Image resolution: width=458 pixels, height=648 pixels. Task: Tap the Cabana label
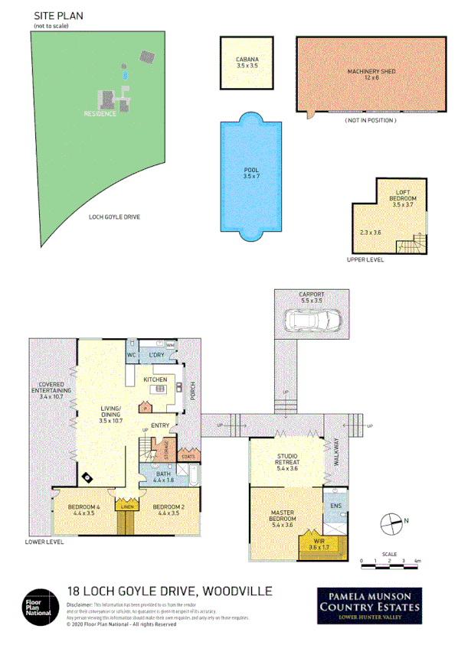coord(247,63)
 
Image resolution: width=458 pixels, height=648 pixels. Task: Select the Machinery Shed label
coord(370,74)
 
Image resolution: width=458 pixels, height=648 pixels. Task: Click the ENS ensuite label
coord(335,506)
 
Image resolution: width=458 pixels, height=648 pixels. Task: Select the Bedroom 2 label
coord(165,510)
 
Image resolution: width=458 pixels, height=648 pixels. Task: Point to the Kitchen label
coord(155,379)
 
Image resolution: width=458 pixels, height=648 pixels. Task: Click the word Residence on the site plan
coord(100,114)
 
